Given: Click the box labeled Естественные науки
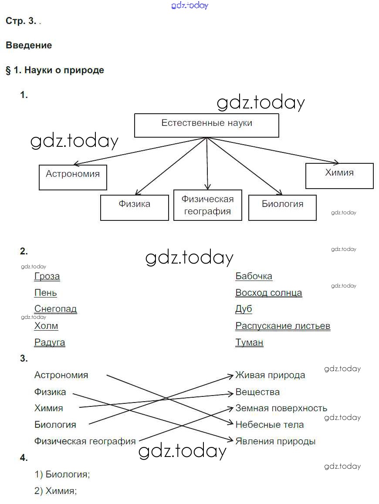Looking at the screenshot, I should pos(206,125).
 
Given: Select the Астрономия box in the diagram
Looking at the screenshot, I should pos(73,177).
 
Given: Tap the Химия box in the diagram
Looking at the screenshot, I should pos(339,176).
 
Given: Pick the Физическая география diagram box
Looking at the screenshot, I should pos(207,205).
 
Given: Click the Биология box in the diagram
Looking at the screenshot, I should pos(282,207).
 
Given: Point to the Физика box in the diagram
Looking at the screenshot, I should pos(134,207).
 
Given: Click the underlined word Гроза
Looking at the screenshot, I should pos(47,276).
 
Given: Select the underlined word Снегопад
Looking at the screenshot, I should pos(55,309).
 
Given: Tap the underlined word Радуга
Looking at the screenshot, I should pos(50,342).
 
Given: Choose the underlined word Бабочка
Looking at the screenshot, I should pos(254,276).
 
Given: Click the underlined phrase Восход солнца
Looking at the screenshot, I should pos(268,293).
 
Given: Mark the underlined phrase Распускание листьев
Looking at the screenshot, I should pos(283,326).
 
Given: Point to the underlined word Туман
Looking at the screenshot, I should pos(249,342).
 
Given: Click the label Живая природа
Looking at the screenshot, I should pos(270,375).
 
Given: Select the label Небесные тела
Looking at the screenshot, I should pos(269,424).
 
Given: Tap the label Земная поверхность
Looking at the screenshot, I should pos(281,408).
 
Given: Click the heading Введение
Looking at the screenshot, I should pos(29,45).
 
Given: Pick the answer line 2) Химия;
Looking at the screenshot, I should pos(56,491).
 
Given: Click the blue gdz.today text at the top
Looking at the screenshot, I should pos(190,5).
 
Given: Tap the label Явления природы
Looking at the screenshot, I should pos(275,441).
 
